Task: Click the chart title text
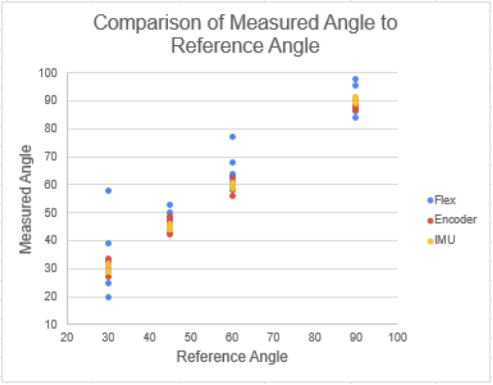245,34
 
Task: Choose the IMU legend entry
444,240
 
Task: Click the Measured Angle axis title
25,199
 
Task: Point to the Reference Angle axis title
232,357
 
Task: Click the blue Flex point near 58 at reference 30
109,191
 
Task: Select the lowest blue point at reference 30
109,297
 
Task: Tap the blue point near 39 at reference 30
109,243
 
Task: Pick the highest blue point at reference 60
233,137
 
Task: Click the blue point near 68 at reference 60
233,162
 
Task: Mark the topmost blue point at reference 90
356,79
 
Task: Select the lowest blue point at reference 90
356,117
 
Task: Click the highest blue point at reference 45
170,205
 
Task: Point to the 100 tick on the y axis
53,73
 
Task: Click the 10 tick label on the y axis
55,325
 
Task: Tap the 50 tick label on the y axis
55,213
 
